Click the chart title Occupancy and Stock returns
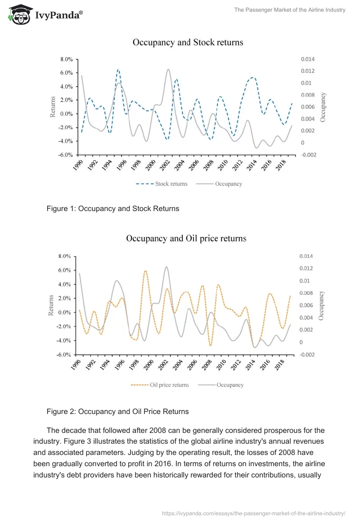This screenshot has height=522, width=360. pos(188,42)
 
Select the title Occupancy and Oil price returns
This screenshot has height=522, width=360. pos(186,238)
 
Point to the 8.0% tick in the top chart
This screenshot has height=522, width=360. pos(67,59)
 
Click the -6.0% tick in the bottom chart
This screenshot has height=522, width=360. pos(64,355)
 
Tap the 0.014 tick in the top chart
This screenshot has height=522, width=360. pos(308,59)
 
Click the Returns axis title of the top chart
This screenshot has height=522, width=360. pos(53,107)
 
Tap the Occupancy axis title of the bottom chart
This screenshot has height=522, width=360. pos(321,305)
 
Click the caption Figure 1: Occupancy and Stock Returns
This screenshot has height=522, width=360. pos(113,209)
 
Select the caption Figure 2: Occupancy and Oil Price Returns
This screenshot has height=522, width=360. pos(117,411)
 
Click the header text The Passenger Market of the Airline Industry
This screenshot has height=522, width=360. pos(290,10)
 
